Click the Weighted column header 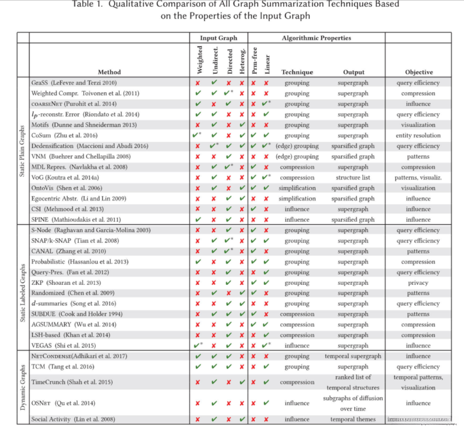point(200,60)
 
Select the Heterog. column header point(242,61)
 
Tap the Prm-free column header point(254,61)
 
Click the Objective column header point(419,72)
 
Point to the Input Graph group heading point(218,38)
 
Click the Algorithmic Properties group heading point(316,38)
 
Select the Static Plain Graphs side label point(22,151)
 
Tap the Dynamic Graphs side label point(23,387)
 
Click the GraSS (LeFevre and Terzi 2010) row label point(74,83)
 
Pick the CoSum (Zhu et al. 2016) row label point(64,135)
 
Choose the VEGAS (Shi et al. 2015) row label point(64,345)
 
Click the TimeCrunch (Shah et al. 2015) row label point(72,382)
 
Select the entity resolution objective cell point(418,135)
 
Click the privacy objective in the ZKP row point(418,283)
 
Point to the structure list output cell point(353,177)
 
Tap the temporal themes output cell point(353,419)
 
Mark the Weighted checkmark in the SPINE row point(198,219)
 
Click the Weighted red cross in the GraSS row point(198,83)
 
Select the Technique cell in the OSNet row point(297,403)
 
